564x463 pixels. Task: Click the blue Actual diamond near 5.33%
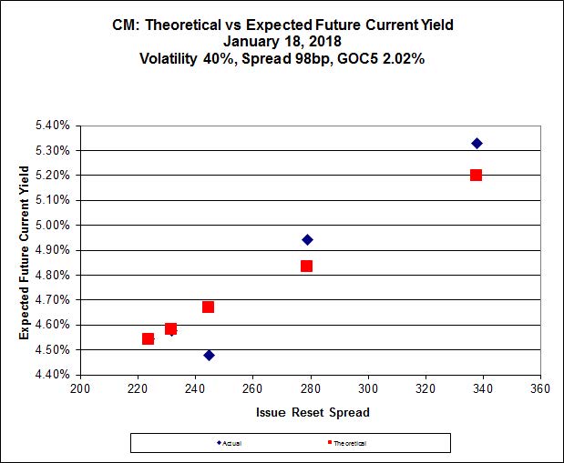(477, 144)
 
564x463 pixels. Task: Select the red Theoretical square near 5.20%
(476, 175)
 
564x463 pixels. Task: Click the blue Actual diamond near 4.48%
(209, 355)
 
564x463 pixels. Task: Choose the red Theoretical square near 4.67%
(208, 307)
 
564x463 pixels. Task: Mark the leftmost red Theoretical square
(148, 338)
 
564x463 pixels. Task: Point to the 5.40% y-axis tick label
(52, 126)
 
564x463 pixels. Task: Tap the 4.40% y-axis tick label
(52, 375)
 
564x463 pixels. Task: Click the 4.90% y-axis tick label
(52, 250)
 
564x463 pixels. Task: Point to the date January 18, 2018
(282, 41)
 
